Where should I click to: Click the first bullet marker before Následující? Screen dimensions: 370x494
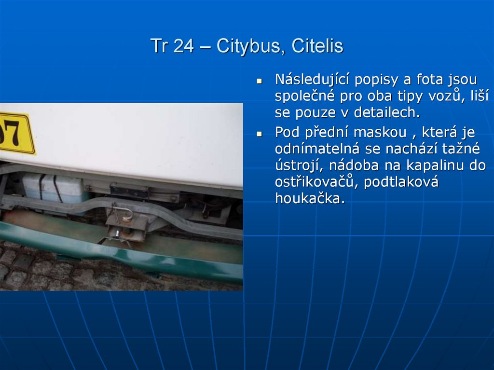(259, 81)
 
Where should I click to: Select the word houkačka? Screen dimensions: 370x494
(310, 198)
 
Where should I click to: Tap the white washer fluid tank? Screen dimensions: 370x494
(53, 188)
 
